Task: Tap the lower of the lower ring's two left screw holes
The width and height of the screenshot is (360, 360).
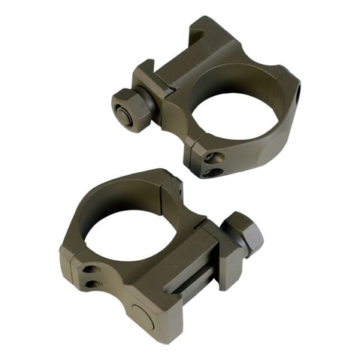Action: point(92,281)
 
